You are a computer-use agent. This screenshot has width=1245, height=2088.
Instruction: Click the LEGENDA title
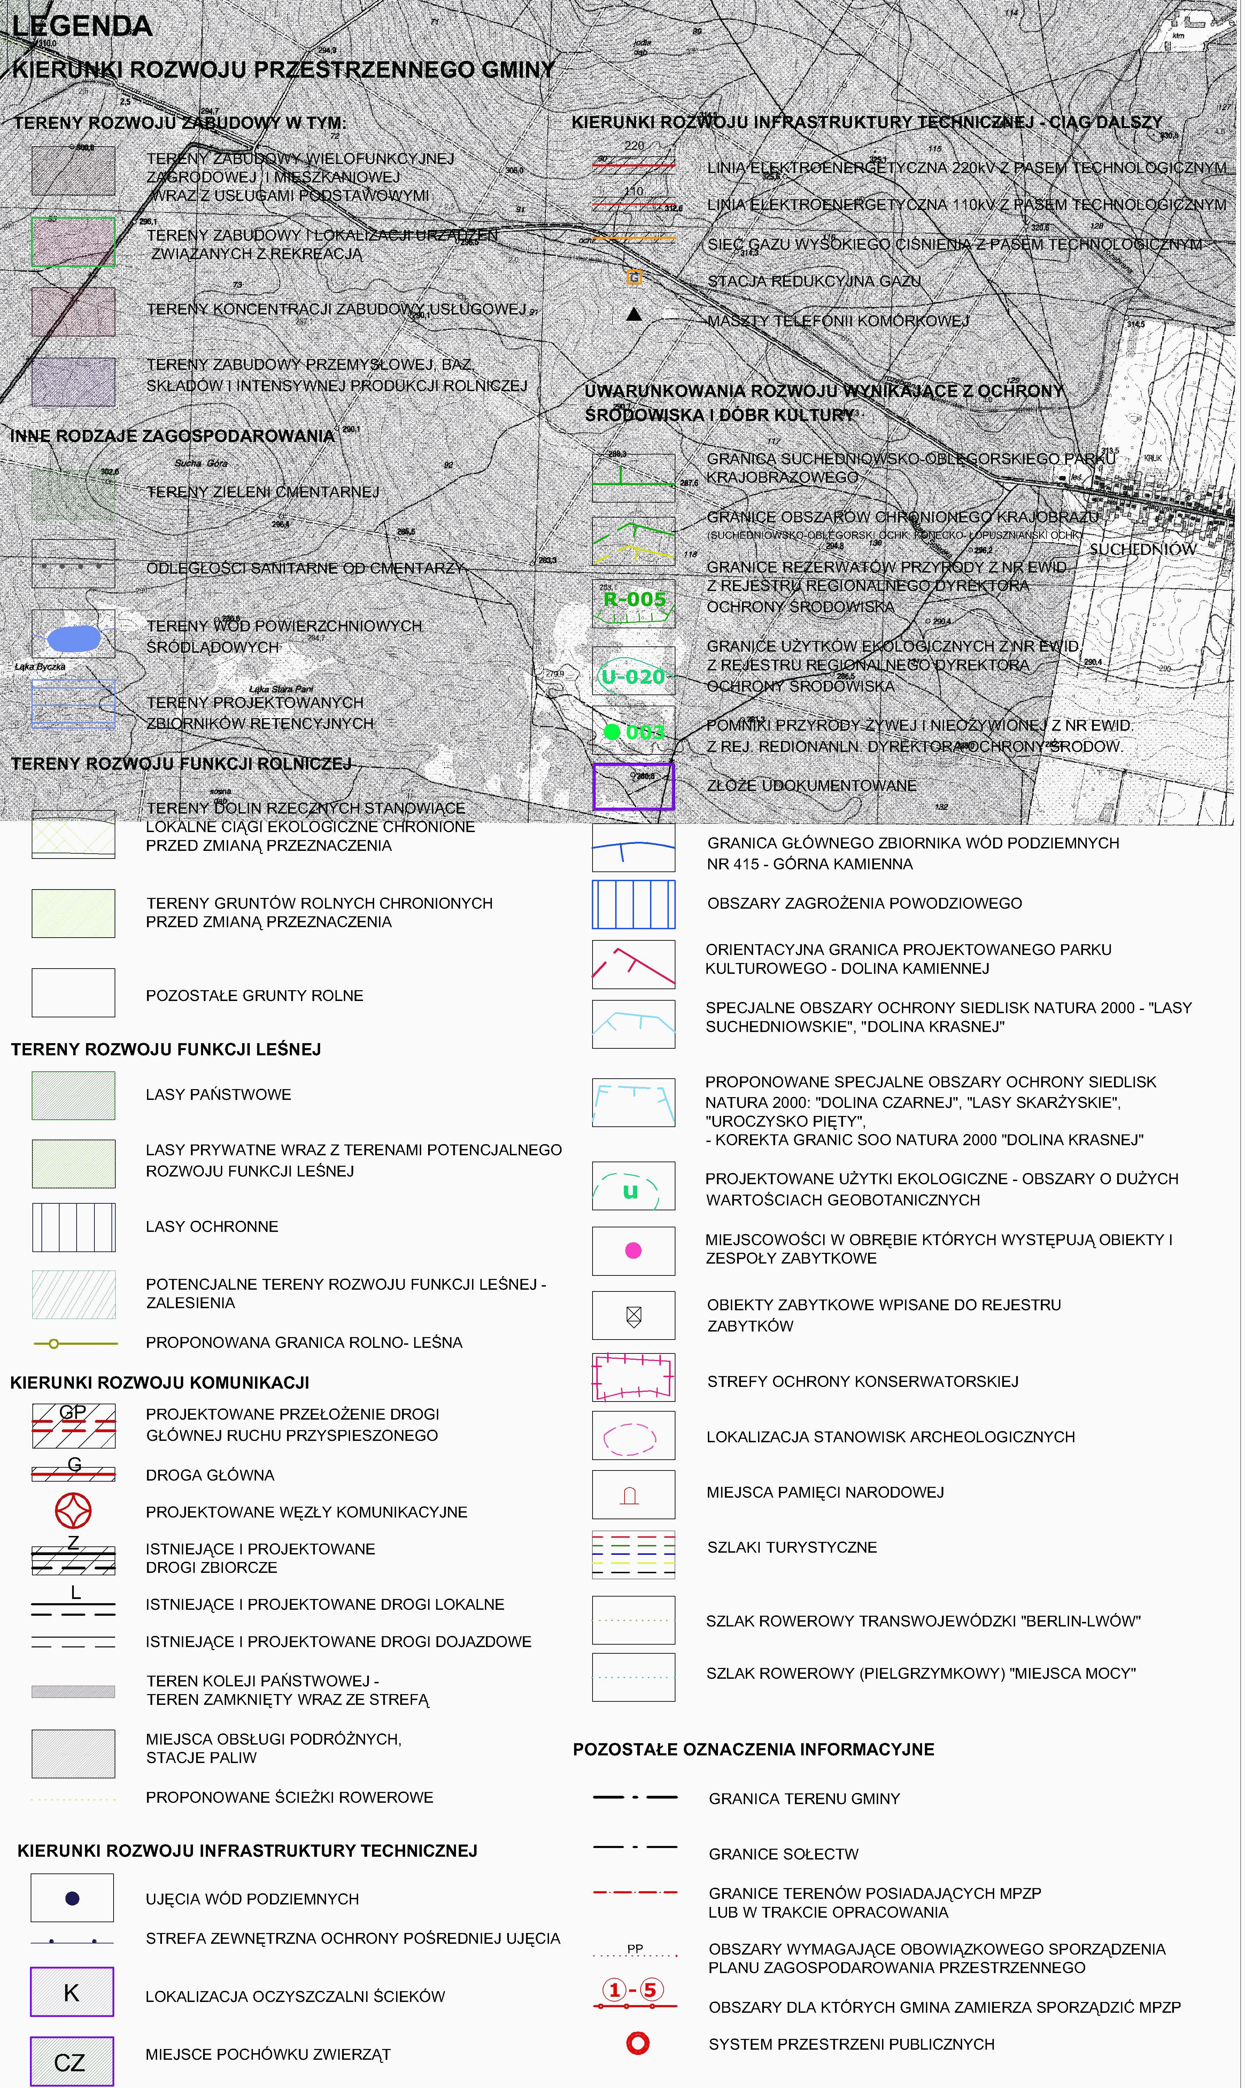pos(82,27)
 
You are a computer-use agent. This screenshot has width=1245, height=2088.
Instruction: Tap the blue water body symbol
pos(74,639)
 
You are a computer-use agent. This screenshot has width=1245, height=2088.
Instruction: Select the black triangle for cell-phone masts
pos(634,315)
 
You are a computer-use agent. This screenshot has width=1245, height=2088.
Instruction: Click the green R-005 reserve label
pos(634,599)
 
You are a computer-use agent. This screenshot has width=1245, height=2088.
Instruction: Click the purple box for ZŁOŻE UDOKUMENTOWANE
pos(633,786)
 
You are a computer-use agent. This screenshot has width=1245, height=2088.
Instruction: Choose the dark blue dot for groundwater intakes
pos(72,1897)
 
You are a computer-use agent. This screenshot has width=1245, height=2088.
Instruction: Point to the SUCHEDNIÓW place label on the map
pos(1143,549)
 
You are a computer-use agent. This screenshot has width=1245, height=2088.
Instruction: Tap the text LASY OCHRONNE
pos(211,1226)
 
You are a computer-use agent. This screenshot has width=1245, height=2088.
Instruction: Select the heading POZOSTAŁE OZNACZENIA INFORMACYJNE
pos(753,1749)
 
